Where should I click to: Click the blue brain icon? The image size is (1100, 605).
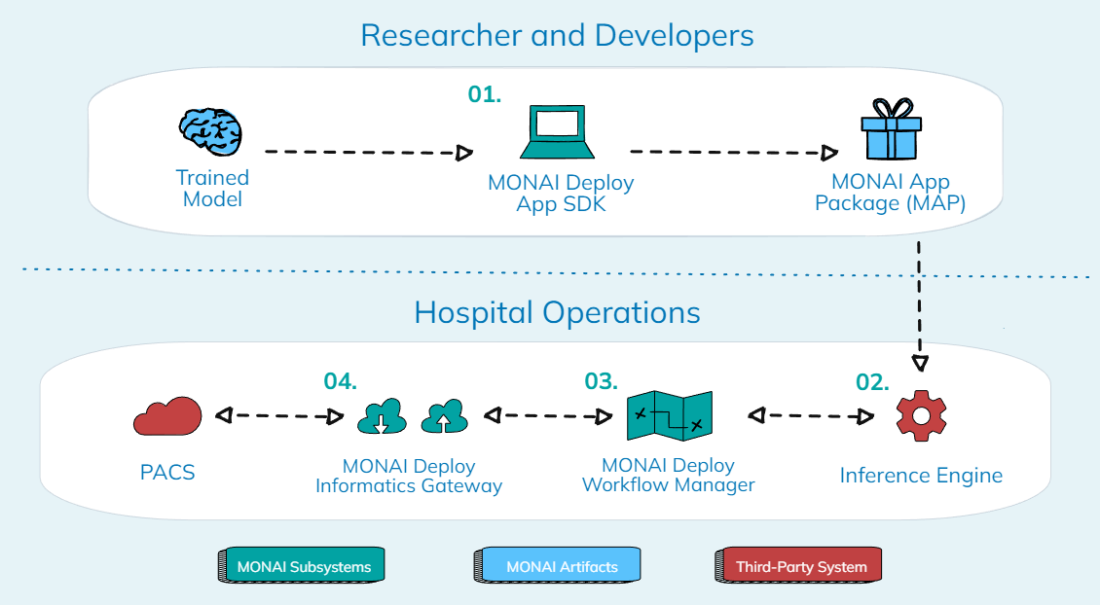(x=210, y=133)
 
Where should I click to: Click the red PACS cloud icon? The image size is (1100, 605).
(x=166, y=416)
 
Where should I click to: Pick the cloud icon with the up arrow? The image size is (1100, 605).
(x=444, y=416)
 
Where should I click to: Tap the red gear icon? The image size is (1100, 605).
(x=921, y=415)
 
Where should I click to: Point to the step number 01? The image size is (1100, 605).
(x=484, y=95)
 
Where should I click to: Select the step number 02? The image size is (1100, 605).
(x=872, y=381)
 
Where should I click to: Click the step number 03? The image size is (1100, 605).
(x=602, y=381)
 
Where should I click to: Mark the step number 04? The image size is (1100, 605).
(x=341, y=381)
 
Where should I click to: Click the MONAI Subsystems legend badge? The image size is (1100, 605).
(x=301, y=566)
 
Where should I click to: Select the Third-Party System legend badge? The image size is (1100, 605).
(x=800, y=566)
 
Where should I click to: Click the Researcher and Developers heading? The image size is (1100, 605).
(x=557, y=36)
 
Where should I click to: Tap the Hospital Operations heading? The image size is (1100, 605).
(x=557, y=312)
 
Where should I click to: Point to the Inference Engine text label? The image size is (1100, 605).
(x=921, y=476)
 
